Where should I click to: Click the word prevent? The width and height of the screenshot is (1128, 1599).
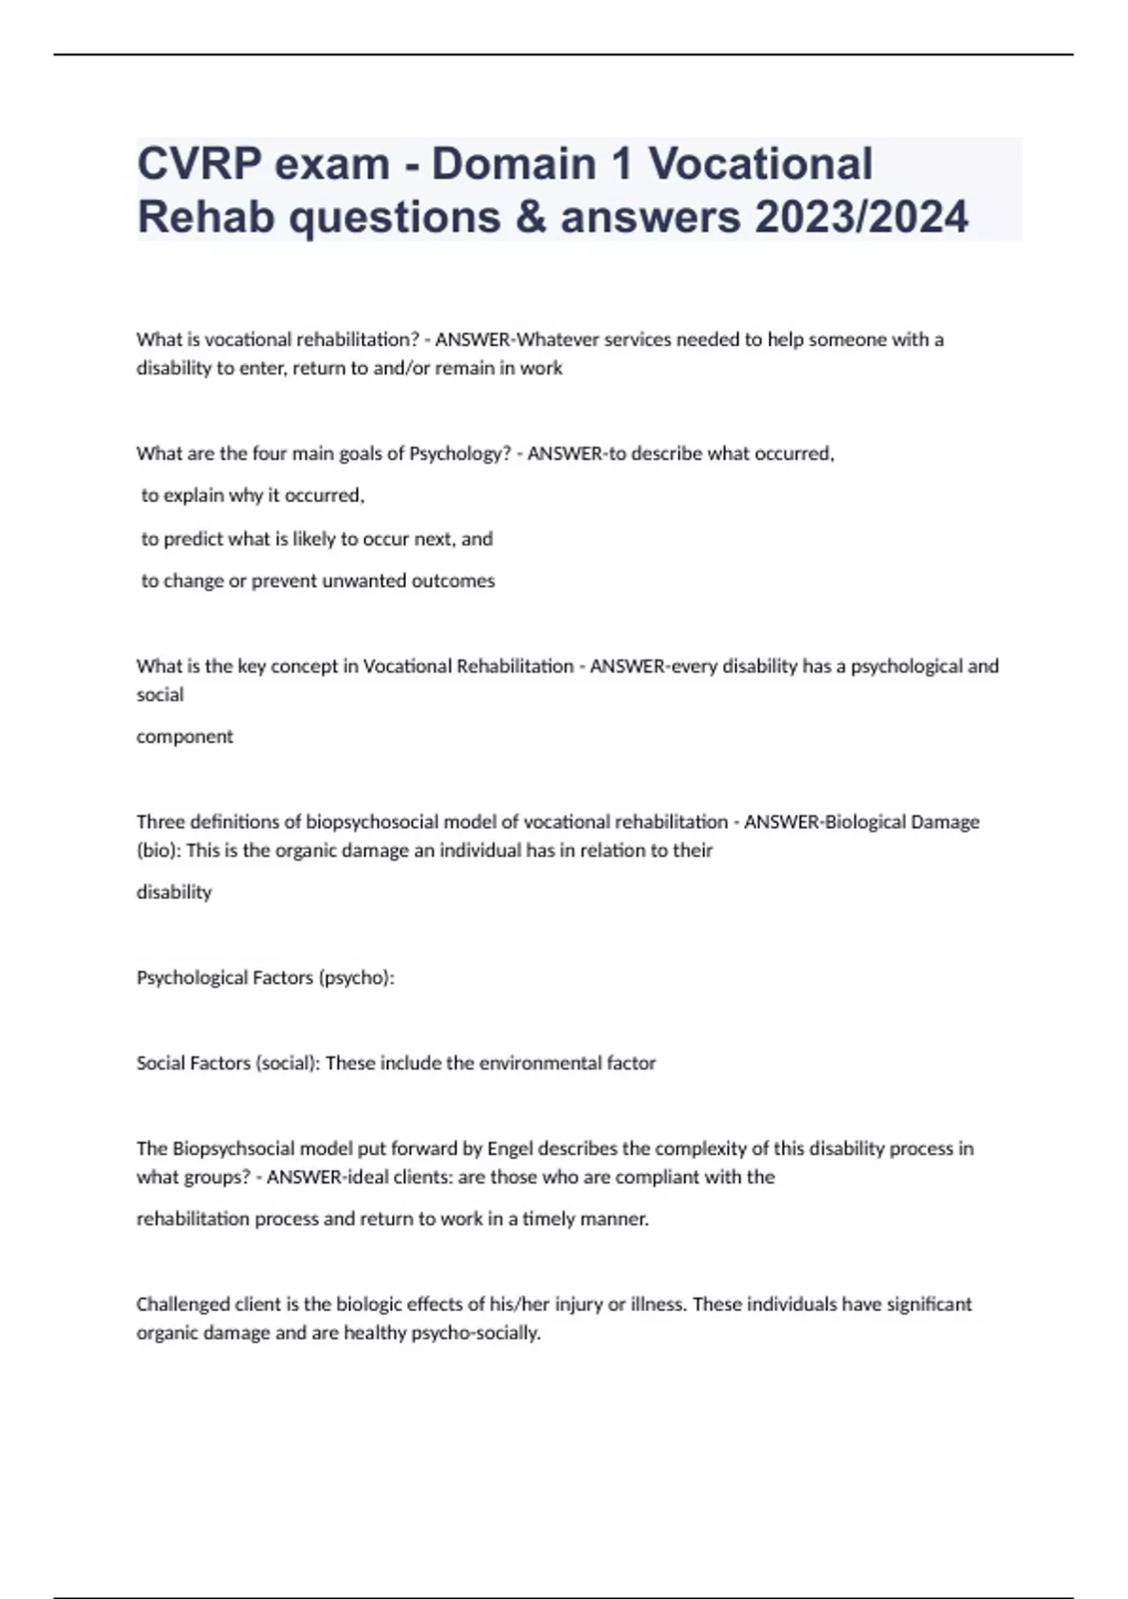pos(284,581)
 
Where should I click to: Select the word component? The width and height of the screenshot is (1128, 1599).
pos(184,736)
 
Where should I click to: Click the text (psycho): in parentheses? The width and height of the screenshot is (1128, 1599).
pos(356,978)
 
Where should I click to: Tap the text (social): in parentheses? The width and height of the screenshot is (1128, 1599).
pos(287,1063)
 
